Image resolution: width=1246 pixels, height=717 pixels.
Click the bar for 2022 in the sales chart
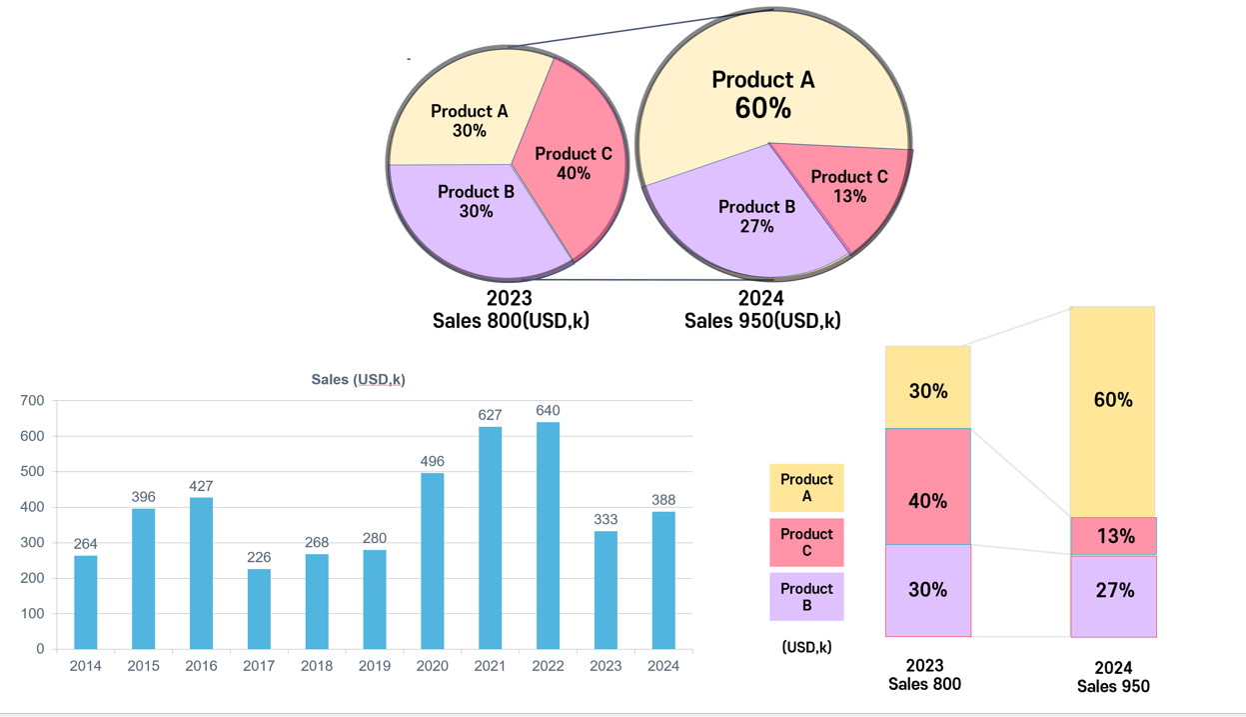[x=548, y=535]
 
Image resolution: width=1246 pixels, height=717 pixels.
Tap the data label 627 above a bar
[x=490, y=415]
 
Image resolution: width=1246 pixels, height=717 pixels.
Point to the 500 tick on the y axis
[x=34, y=472]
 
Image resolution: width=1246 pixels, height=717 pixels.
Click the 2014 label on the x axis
[x=86, y=666]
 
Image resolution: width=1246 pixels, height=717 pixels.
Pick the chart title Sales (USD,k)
[x=358, y=380]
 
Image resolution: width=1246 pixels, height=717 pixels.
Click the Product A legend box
[x=806, y=488]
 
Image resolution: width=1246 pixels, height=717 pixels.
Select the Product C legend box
[x=806, y=542]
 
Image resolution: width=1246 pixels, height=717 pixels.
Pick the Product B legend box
[x=806, y=597]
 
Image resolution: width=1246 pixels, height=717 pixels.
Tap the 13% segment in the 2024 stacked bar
[x=1113, y=536]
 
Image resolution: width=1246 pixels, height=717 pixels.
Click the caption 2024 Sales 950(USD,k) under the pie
[x=761, y=310]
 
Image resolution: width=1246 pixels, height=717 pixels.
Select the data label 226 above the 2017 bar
[x=259, y=558]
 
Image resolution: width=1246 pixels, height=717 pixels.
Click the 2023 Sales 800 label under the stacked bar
[x=924, y=675]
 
